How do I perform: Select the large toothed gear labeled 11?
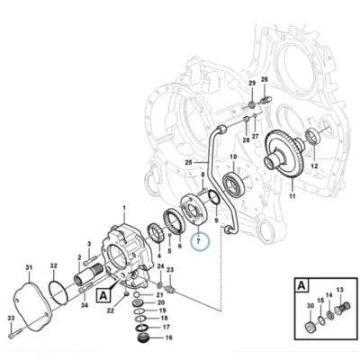tap(284, 155)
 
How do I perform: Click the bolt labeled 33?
tap(14, 333)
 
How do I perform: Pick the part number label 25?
tap(188, 163)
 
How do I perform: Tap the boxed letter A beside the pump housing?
tap(103, 296)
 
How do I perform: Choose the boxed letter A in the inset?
tap(301, 285)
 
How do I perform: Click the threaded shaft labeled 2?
tap(87, 274)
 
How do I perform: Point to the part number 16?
tap(169, 337)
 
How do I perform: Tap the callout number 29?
tap(252, 83)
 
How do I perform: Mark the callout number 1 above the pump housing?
tap(124, 208)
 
